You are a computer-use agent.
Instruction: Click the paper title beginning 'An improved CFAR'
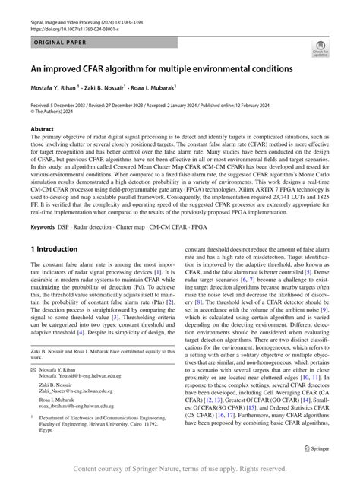[160, 68]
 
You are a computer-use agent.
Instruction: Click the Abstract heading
[42, 128]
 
